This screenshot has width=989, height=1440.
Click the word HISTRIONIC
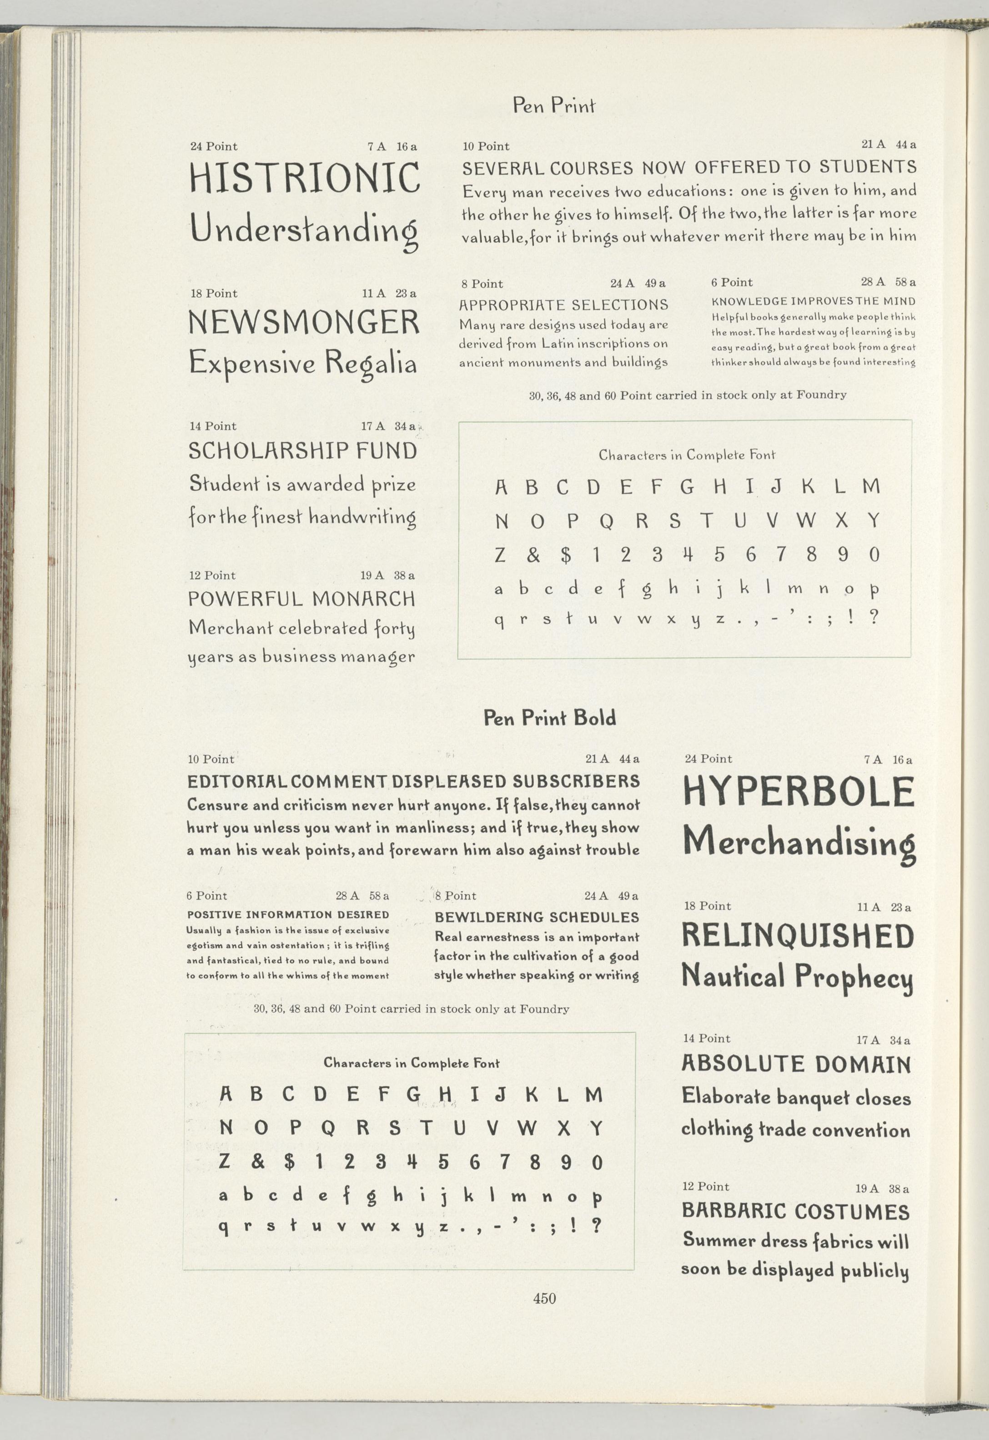304,178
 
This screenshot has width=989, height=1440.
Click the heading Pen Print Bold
550,718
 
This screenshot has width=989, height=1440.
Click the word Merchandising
799,843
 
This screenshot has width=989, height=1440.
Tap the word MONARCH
363,599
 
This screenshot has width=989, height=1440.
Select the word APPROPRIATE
512,305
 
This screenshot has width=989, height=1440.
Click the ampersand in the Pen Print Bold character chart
258,1162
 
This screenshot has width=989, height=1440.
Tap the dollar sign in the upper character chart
565,555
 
